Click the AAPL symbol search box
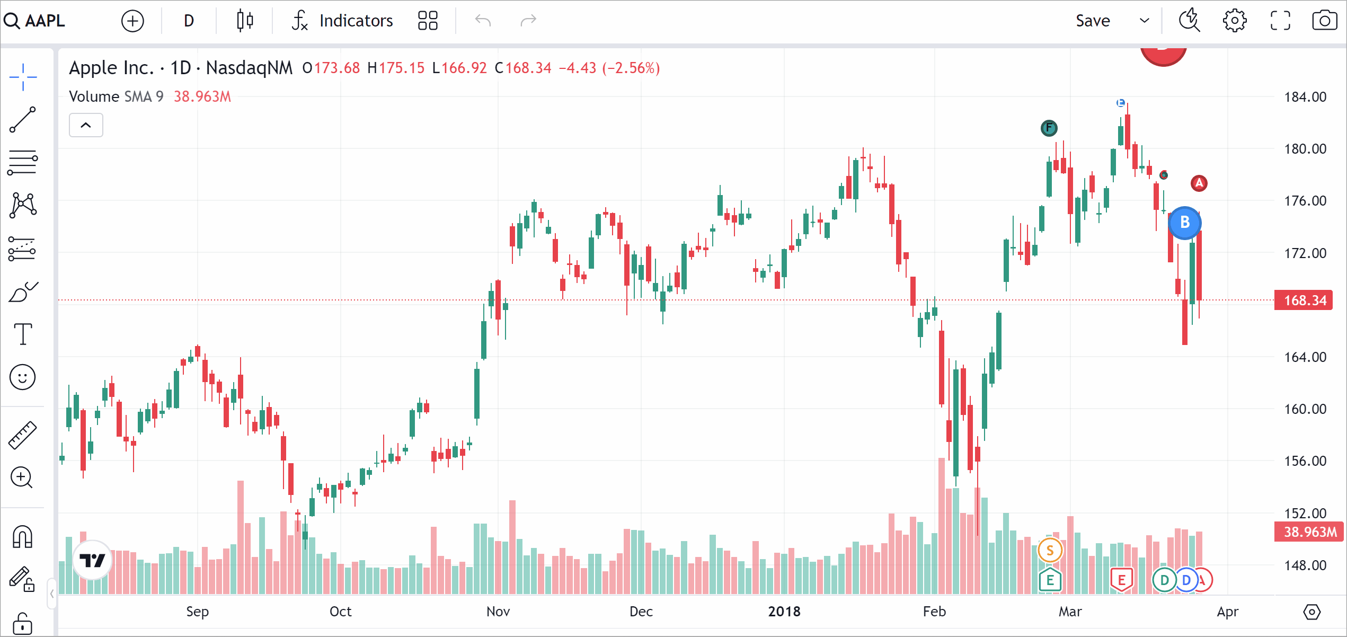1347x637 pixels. (x=37, y=21)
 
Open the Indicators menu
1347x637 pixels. (x=343, y=21)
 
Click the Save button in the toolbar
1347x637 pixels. (x=1093, y=21)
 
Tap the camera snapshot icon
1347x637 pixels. (x=1324, y=21)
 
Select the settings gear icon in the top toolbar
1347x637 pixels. (x=1234, y=21)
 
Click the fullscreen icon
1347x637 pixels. (x=1280, y=21)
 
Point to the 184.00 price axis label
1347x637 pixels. (x=1305, y=97)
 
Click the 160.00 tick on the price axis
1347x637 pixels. (x=1305, y=409)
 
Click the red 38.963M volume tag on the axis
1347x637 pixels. (x=1308, y=532)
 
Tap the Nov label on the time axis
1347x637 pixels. (x=498, y=612)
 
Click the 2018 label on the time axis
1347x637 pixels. (x=784, y=612)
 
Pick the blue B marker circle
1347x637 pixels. (x=1185, y=223)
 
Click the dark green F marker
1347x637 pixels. (x=1049, y=128)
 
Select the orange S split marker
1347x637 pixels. (x=1050, y=550)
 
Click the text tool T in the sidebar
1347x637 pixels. (x=23, y=334)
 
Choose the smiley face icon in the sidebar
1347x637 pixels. (x=23, y=377)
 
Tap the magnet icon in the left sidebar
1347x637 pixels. (x=23, y=537)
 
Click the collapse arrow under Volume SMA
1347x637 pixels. (x=86, y=126)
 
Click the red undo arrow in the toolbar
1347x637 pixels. (x=483, y=21)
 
